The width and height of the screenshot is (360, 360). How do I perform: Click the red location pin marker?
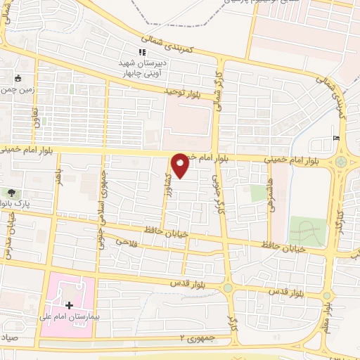(x=181, y=165)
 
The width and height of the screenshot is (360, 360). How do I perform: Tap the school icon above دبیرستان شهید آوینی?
(x=142, y=52)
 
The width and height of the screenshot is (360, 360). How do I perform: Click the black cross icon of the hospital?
(x=69, y=305)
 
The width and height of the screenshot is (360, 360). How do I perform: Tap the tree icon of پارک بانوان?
(x=12, y=192)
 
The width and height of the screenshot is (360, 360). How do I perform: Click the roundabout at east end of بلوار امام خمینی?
(x=342, y=162)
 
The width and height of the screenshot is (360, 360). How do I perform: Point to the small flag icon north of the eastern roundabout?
(x=335, y=137)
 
